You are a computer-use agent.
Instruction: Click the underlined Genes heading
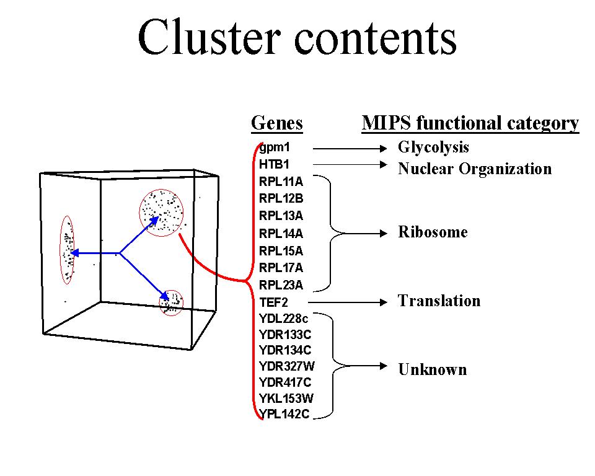point(277,123)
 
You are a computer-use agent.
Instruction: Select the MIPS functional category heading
point(470,123)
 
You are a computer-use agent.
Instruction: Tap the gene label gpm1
point(275,149)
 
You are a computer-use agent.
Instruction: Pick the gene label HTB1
point(275,165)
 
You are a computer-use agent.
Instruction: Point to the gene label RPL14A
point(281,234)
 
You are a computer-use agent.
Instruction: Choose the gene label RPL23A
point(281,285)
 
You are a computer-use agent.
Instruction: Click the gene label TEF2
point(274,302)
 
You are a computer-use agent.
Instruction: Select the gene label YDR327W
point(287,366)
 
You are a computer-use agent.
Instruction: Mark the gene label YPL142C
point(284,414)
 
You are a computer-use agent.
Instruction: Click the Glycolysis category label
point(433,148)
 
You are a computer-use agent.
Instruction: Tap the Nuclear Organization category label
point(474,169)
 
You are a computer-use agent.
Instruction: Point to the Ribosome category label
point(433,232)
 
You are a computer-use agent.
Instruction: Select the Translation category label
point(439,301)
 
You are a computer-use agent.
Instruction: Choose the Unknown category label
point(432,370)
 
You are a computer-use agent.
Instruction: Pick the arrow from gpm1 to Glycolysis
point(350,149)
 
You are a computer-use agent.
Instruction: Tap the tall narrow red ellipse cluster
point(67,250)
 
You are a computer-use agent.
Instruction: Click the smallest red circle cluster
point(172,302)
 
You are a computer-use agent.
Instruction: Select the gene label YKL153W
point(287,398)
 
